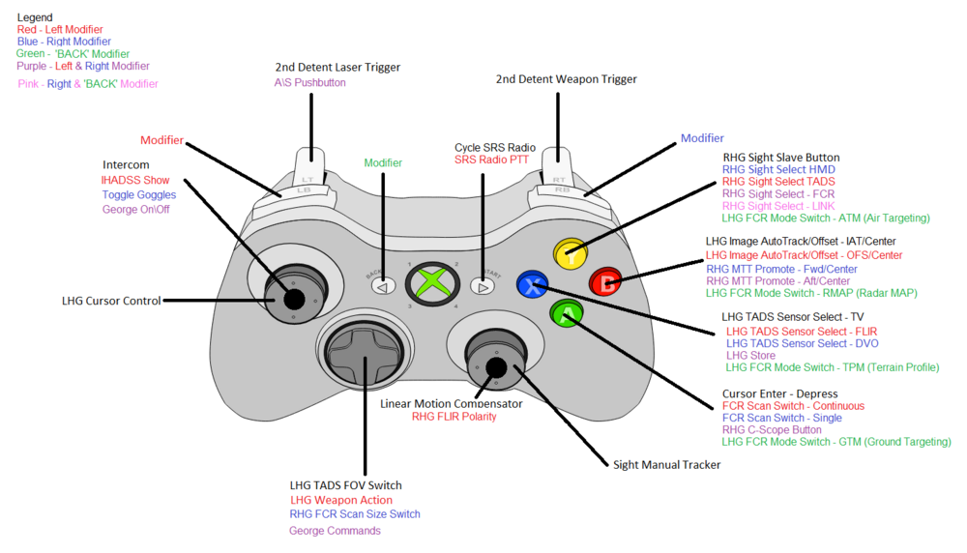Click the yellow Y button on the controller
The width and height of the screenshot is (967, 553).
point(571,256)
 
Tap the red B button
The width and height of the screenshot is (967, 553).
point(606,283)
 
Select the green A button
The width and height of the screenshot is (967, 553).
point(567,313)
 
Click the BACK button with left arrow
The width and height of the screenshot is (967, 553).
point(384,285)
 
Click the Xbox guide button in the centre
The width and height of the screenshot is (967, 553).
point(433,284)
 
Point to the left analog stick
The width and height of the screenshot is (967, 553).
point(294,297)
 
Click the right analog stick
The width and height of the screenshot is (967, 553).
point(495,366)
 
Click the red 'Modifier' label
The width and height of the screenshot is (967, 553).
point(161,141)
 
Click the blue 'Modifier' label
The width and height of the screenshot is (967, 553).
point(702,138)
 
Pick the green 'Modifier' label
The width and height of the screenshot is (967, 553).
point(383,163)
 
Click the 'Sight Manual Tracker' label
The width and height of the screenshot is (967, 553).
point(667,465)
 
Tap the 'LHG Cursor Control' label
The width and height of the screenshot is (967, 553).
point(111,302)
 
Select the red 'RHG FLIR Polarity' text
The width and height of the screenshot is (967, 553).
point(454,417)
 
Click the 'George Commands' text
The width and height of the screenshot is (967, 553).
point(335,531)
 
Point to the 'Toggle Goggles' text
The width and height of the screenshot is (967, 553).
point(139,195)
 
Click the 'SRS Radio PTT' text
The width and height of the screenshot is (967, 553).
point(491,160)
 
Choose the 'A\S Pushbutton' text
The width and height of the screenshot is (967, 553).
point(309,83)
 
